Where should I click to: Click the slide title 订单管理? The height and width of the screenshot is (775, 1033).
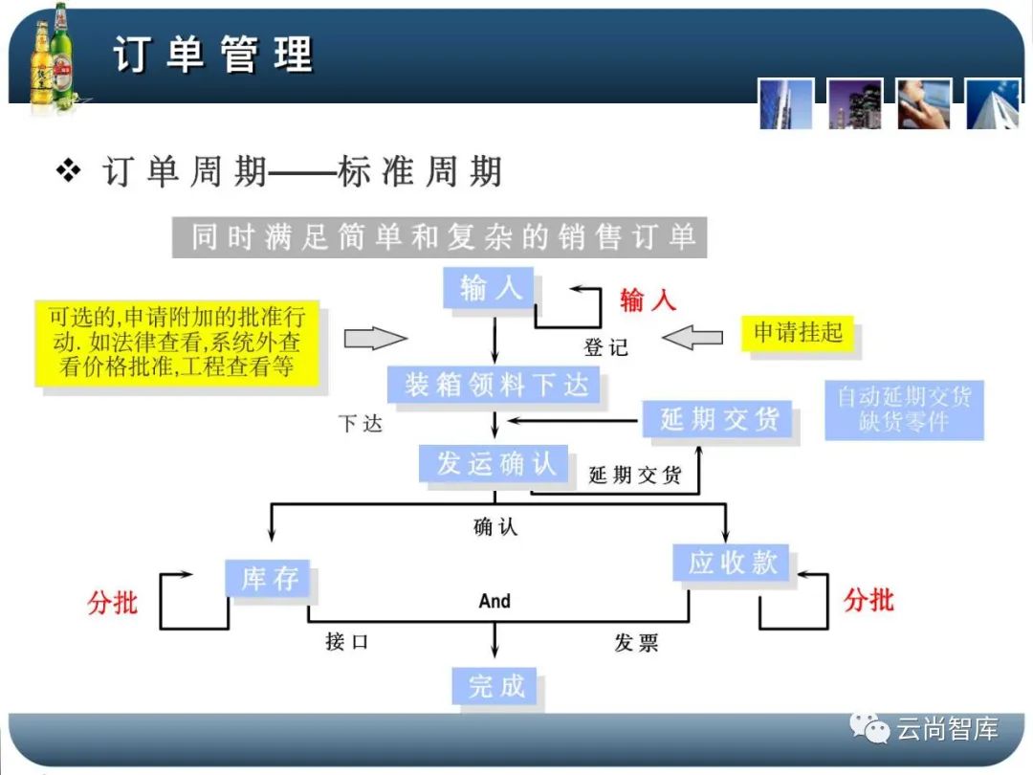coord(212,54)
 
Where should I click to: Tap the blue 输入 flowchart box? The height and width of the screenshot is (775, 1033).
coord(491,288)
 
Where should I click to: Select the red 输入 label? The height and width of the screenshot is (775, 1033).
coord(648,299)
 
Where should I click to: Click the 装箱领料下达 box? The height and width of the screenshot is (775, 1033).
coord(495,385)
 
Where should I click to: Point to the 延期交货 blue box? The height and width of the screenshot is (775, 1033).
coord(719,419)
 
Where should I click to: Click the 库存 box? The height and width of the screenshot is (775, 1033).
coord(269,579)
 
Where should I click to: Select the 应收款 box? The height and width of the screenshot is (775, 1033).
coord(732,562)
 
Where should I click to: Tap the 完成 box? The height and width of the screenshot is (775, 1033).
coord(495,685)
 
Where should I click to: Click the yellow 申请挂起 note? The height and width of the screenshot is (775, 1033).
coord(798,333)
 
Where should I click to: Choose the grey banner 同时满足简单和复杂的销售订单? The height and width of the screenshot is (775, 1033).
coord(440,236)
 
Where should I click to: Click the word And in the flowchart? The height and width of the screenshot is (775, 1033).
coord(495,601)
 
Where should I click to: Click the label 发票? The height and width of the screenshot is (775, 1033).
coord(636,642)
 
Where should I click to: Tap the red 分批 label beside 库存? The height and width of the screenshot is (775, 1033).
coord(113,603)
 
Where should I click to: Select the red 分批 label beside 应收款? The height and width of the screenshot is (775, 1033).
coord(868,600)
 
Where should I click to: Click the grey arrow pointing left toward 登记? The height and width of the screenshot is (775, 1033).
coord(692,337)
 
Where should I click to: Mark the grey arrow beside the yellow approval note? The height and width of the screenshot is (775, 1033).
coord(375,338)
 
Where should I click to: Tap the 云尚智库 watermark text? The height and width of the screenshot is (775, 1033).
coord(947,730)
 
